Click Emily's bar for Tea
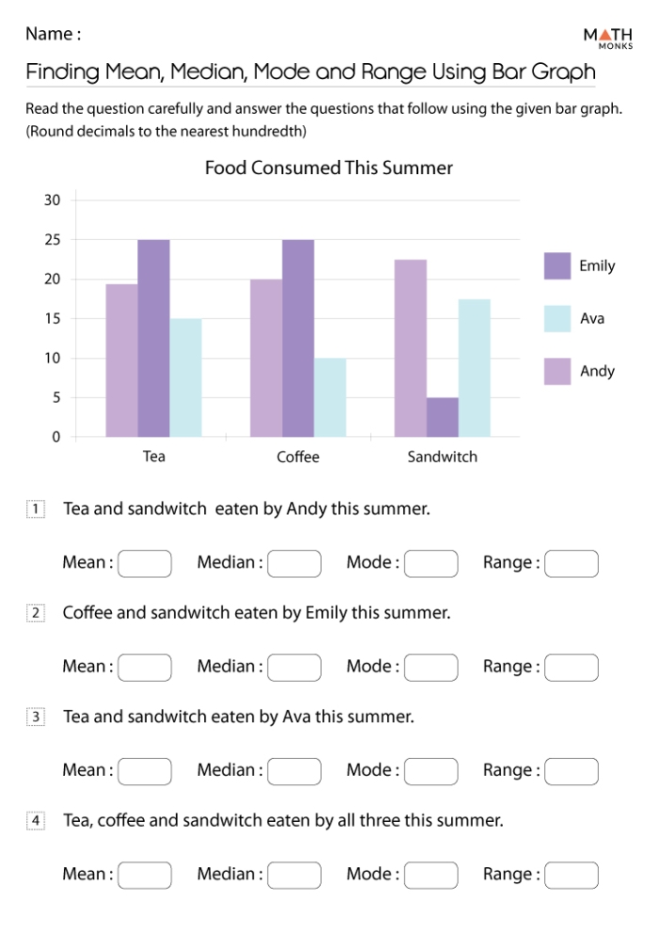[x=153, y=338]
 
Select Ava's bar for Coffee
[x=329, y=397]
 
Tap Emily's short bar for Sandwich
[x=442, y=417]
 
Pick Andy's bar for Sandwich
[x=410, y=348]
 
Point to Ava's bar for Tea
[x=185, y=378]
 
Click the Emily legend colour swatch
[x=557, y=266]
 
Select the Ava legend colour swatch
[x=557, y=319]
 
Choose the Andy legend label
[x=597, y=371]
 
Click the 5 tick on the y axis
[x=56, y=397]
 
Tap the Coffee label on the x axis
[x=297, y=458]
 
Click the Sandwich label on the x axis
[x=442, y=458]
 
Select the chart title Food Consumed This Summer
[x=329, y=169]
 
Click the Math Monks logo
[x=607, y=39]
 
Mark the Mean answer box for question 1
[x=145, y=564]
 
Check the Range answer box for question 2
[x=571, y=668]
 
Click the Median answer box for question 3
[x=295, y=771]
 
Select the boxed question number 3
[x=36, y=717]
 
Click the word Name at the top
[x=48, y=34]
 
